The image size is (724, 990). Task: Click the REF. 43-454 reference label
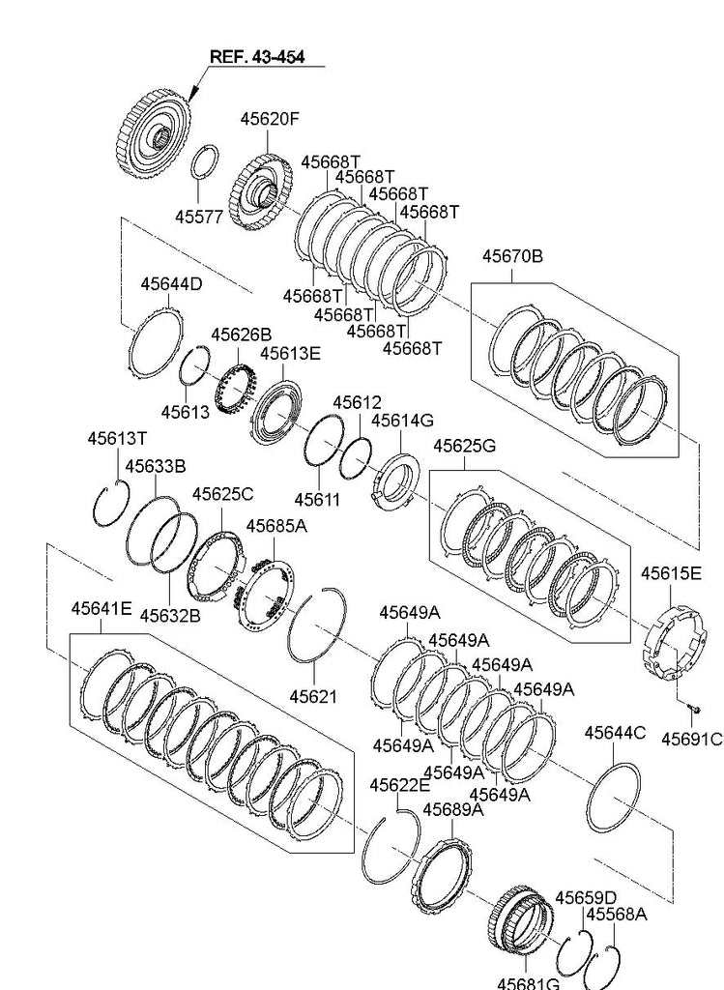(x=257, y=57)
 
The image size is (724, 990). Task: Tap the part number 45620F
(x=270, y=119)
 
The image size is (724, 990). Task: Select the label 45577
(x=199, y=217)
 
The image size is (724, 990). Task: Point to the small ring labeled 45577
(x=204, y=161)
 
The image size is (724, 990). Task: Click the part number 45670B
(x=512, y=256)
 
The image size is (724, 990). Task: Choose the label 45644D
(x=171, y=284)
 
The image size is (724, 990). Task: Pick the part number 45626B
(x=242, y=335)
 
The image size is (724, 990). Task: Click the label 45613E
(x=289, y=353)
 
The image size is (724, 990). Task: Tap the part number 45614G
(x=402, y=421)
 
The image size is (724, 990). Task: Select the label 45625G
(x=464, y=446)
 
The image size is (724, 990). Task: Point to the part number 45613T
(x=117, y=438)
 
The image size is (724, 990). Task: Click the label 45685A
(x=275, y=526)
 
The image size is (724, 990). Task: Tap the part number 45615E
(x=671, y=573)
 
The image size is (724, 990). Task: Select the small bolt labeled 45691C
(x=694, y=713)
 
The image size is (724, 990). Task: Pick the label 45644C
(x=615, y=733)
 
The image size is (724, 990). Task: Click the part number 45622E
(x=398, y=785)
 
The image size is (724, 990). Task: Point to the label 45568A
(x=616, y=914)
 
